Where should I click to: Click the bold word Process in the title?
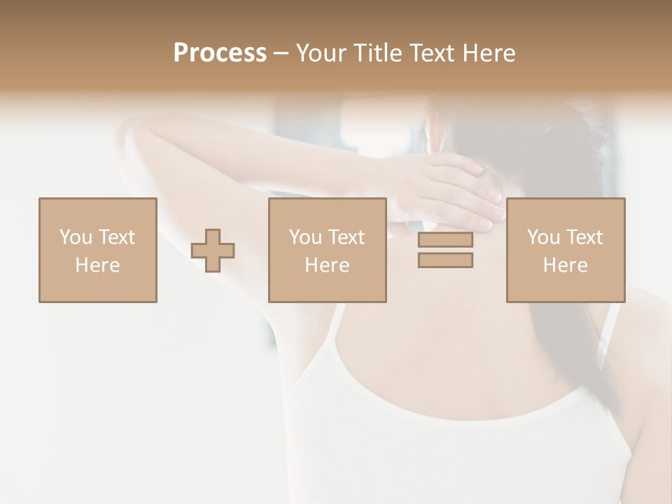click(220, 53)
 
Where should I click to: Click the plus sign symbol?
click(213, 251)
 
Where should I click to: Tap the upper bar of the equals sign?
click(445, 240)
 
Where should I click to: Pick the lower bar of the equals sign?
click(445, 260)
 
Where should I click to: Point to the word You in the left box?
click(76, 237)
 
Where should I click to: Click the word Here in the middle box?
click(328, 265)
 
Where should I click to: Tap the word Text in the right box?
click(585, 237)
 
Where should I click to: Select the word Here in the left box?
click(98, 265)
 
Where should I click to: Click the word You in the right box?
click(543, 237)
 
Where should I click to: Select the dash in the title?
click(281, 53)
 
